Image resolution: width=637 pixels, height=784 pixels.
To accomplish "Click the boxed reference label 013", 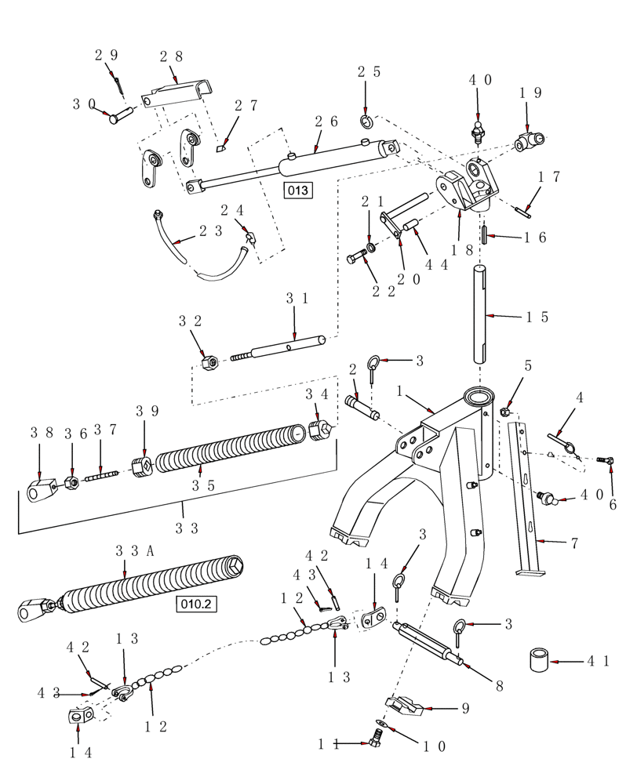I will click(298, 191).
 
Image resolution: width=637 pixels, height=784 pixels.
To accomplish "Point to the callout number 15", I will click(537, 317).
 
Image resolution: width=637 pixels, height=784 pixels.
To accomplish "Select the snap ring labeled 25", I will click(366, 120).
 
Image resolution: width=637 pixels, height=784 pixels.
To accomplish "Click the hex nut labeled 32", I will click(209, 363).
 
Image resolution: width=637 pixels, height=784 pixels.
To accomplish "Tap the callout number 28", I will click(171, 56).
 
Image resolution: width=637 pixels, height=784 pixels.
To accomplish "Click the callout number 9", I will click(465, 708).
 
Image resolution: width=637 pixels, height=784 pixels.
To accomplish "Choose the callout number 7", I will click(573, 543).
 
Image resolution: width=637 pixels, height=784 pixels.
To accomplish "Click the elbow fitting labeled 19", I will click(526, 142).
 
